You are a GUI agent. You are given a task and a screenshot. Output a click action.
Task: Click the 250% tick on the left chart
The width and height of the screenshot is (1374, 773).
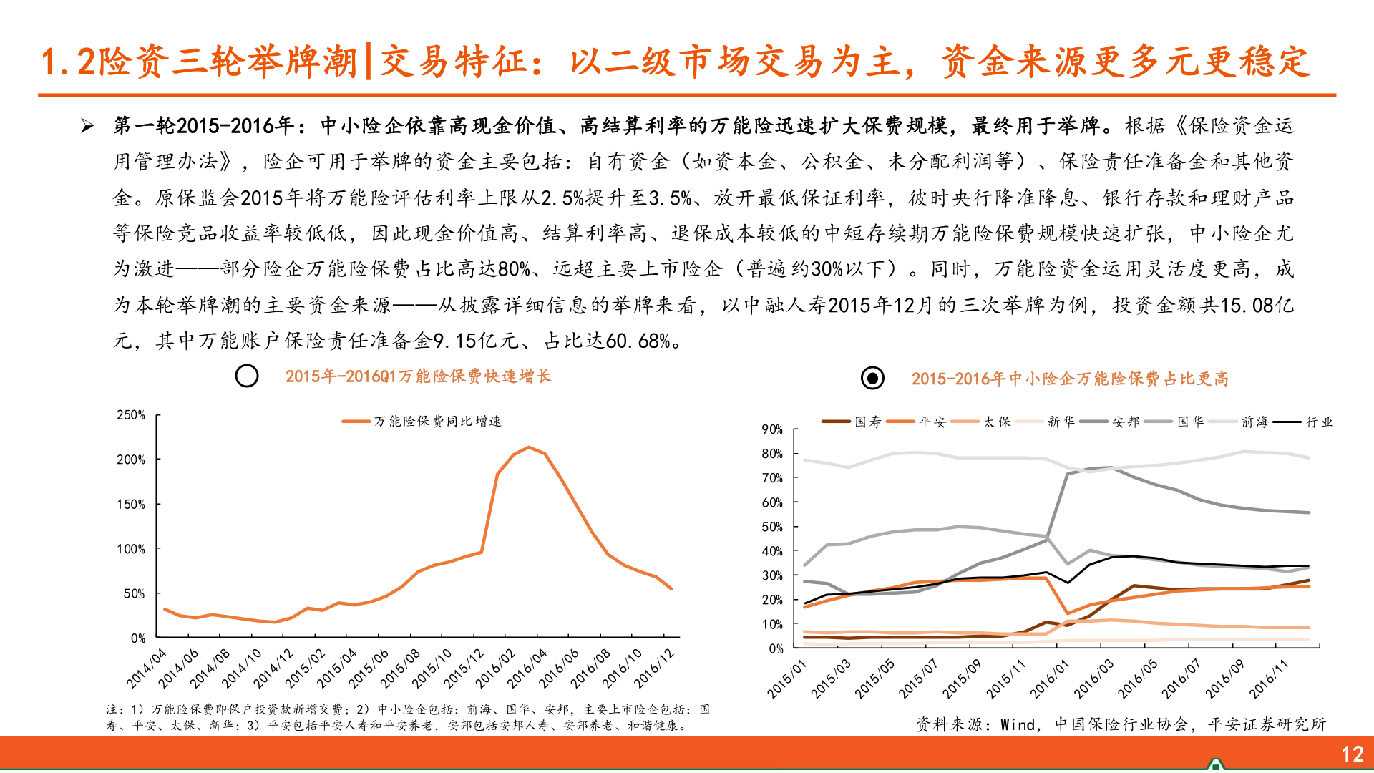point(131,415)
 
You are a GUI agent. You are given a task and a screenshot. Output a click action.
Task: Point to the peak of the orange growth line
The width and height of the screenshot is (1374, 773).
point(528,447)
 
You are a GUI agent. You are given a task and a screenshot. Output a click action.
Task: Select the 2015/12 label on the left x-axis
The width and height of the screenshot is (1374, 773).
point(464,668)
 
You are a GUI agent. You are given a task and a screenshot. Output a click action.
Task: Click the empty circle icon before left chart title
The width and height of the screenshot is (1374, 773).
point(247,376)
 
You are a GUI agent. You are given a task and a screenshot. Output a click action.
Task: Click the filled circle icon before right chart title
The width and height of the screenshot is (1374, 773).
point(872,378)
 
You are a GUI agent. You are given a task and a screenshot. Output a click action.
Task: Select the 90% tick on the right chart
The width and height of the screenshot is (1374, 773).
point(772,429)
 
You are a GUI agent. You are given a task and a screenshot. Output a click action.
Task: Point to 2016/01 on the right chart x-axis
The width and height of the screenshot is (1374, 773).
point(1050,679)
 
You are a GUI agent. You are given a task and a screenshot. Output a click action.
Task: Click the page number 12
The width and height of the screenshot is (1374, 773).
point(1352,754)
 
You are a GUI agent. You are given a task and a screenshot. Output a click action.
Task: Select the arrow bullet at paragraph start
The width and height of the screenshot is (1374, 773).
point(87,127)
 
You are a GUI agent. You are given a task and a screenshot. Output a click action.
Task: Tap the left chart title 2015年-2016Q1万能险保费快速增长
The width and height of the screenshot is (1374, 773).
point(418,376)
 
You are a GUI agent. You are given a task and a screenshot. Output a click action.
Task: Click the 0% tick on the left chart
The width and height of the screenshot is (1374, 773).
point(137,638)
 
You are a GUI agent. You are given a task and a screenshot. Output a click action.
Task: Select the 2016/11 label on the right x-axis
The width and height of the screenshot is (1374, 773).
point(1269,679)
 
